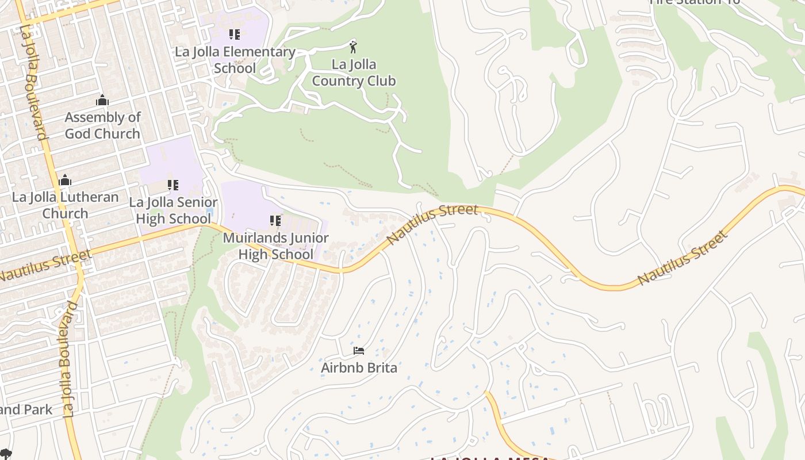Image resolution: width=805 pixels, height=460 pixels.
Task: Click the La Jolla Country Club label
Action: coord(354,72)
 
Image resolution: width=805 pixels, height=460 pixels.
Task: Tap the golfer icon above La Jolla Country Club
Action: coord(353,47)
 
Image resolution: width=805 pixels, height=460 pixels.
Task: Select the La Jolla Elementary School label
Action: coord(235,60)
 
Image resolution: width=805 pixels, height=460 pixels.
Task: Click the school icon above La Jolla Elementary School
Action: coord(234,34)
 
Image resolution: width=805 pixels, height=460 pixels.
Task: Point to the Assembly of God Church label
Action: coord(102,125)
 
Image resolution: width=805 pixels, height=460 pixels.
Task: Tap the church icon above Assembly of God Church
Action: coord(102,101)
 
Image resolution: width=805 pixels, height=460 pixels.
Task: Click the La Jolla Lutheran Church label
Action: coord(65,205)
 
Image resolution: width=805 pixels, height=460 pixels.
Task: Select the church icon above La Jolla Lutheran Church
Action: coord(65,180)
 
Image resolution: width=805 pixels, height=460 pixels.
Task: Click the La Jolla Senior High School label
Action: coord(173,210)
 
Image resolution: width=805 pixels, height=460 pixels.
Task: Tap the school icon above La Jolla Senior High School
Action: coord(172,185)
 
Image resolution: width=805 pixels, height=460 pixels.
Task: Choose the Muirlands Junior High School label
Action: coord(275,246)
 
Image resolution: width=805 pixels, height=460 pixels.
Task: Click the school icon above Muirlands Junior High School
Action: coord(275,221)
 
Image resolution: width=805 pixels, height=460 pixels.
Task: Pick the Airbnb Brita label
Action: coord(359,367)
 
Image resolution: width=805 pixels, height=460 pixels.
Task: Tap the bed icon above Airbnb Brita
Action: coord(359,350)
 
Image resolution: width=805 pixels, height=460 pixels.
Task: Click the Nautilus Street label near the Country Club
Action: coord(432,223)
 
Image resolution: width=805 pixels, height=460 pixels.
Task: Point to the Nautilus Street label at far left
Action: coord(45,265)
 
